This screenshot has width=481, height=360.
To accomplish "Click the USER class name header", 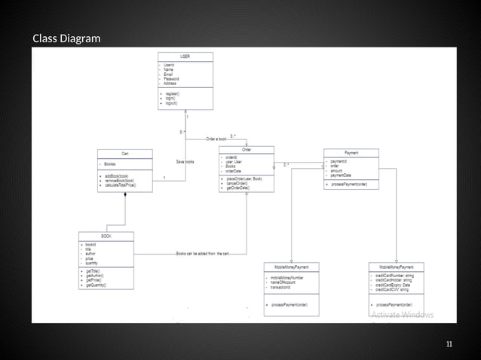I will click(185, 56).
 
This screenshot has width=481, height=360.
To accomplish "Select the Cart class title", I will click(124, 153).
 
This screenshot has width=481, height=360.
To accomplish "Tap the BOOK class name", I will click(106, 236).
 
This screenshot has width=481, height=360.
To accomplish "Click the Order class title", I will click(246, 150).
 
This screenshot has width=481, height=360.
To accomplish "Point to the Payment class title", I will click(351, 152).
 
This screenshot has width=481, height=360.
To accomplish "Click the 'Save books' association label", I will click(185, 162).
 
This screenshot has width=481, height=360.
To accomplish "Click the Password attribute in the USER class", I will click(172, 79).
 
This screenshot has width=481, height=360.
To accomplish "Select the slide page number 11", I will click(449, 345).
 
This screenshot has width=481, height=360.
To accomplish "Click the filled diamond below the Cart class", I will click(124, 194).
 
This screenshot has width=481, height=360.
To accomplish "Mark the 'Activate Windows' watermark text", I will click(402, 314).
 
